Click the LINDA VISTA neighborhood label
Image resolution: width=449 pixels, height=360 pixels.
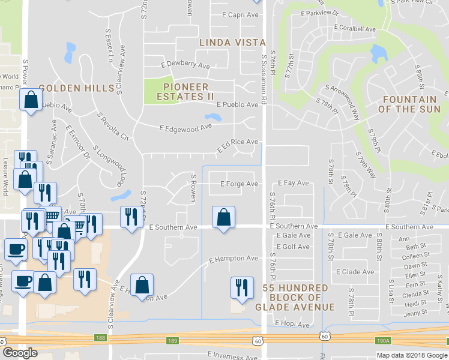tap(232, 42)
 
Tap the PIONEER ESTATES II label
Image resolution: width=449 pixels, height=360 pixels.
tap(185, 91)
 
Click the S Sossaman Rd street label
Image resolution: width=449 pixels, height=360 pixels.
tap(264, 78)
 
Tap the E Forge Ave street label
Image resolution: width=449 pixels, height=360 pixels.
tap(239, 184)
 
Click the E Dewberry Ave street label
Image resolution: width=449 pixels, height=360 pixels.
tap(185, 65)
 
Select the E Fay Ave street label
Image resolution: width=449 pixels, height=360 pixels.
tap(293, 183)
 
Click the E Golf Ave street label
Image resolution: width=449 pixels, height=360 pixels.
tap(293, 247)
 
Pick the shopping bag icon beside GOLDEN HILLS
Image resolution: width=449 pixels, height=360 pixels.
tap(31, 100)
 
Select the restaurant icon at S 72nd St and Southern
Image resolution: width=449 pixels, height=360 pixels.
tap(130, 217)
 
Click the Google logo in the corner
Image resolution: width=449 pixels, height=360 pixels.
tap(20, 353)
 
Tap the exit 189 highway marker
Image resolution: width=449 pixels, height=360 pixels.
tap(172, 340)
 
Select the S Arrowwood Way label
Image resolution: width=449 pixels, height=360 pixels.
tap(349, 100)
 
